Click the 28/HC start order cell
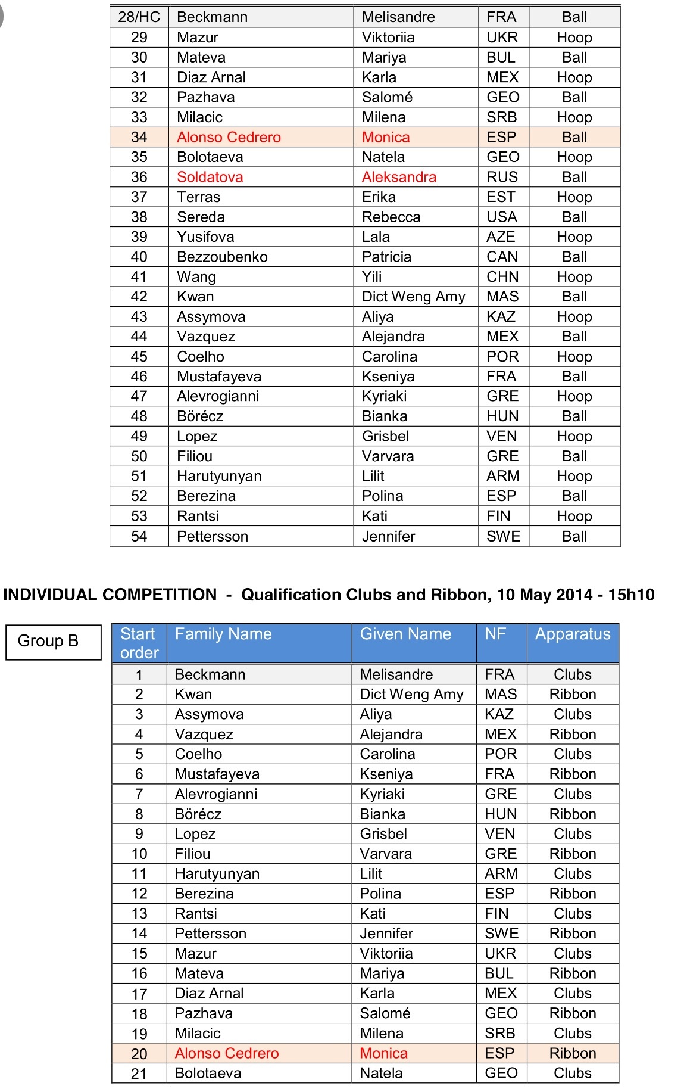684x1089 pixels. (139, 17)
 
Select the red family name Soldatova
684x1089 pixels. (210, 177)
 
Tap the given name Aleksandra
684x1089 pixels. (399, 177)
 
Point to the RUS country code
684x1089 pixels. (502, 177)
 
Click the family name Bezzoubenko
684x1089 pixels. (222, 257)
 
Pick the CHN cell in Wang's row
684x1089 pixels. (502, 277)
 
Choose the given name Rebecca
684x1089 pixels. (391, 217)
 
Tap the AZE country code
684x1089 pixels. (501, 237)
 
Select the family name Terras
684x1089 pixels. (198, 197)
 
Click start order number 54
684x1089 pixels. (139, 536)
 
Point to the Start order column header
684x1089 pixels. (139, 643)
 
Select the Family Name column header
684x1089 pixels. (223, 634)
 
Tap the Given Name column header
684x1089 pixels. (405, 634)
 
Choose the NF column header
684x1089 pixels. (495, 634)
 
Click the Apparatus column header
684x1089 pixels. (573, 634)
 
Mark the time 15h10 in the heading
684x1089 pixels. (631, 595)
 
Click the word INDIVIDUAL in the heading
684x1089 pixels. (50, 595)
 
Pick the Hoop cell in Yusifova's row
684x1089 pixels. (574, 237)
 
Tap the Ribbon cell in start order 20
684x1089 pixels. (573, 1053)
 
